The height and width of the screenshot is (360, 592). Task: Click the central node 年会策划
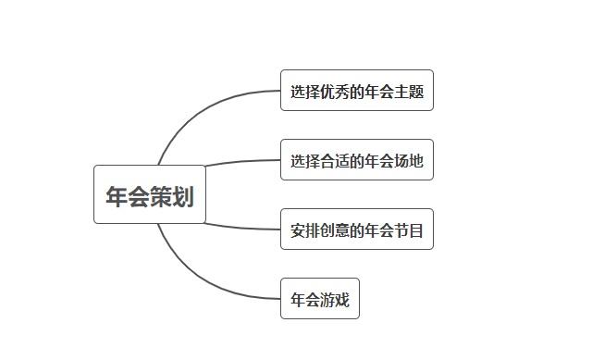point(149,194)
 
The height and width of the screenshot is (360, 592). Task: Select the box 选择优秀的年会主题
point(356,91)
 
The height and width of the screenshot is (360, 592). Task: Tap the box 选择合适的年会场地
point(356,160)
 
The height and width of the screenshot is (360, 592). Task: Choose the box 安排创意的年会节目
point(356,230)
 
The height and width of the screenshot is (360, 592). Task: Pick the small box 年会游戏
point(319,299)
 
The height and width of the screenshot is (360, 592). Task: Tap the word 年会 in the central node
point(128,196)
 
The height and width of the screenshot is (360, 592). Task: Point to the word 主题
point(409,92)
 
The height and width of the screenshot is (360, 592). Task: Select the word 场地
point(409,161)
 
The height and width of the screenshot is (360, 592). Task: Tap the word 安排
point(305,230)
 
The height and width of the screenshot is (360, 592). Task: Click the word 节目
point(409,230)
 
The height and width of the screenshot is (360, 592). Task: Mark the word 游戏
point(335,300)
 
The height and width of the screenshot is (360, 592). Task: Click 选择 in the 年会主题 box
point(305,92)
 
